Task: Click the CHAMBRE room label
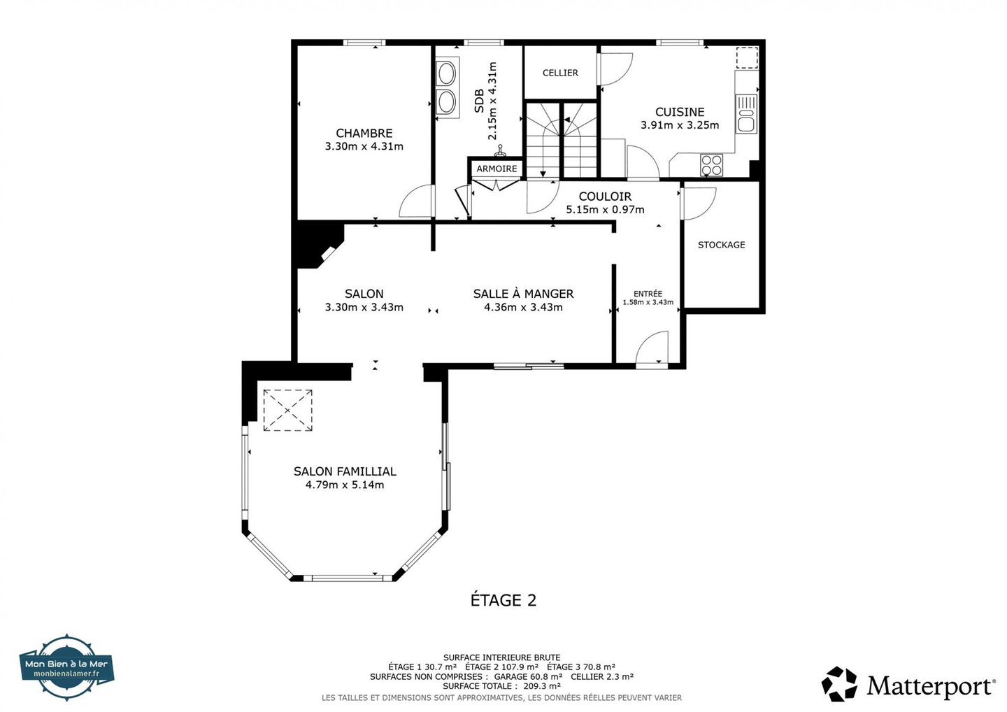pos(364,133)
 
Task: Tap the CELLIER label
pos(560,73)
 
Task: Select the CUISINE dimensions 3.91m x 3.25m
pos(680,125)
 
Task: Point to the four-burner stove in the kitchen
pos(711,165)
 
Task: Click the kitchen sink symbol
pos(746,114)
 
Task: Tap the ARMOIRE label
pos(497,169)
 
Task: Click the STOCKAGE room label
pos(721,245)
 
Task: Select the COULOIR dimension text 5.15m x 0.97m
pos(605,209)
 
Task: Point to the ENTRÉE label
pos(648,294)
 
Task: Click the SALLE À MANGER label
pos(523,294)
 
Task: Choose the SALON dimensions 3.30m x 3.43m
pos(364,308)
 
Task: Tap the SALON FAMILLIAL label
pos(345,471)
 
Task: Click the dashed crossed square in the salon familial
pos(287,411)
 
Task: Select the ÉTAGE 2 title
pos(503,600)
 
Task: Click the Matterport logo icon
pos(839,684)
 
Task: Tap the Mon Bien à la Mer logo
pos(66,667)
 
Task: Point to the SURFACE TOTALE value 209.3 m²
pos(542,686)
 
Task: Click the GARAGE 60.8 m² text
pos(528,676)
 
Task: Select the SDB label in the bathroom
pos(479,101)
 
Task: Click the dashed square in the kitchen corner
pos(747,57)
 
